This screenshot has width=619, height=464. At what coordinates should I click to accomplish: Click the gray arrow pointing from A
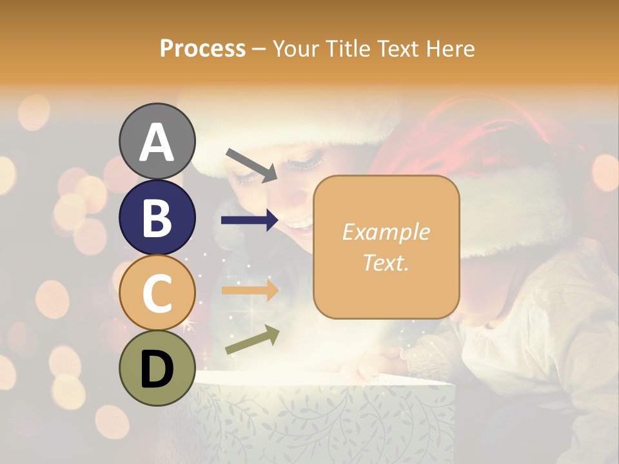pos(251,165)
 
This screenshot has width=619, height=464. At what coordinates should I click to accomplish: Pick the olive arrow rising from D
pos(252,340)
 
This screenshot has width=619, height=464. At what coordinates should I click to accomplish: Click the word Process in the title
pos(202,48)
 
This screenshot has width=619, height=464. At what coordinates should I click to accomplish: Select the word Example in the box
pos(386,232)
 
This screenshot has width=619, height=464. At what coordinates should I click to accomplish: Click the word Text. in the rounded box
pos(386,262)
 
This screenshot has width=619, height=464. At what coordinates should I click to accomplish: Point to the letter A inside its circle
pos(157,142)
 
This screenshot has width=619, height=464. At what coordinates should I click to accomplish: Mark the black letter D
pos(157,369)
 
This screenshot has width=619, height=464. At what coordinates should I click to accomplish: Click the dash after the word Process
pos(259,50)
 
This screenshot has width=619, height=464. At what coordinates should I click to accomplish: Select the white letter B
pos(157,218)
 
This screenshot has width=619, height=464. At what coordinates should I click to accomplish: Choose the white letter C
pos(157,293)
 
